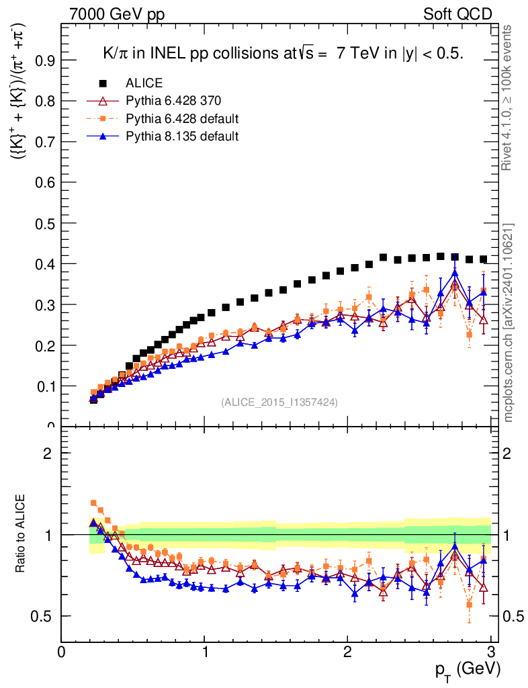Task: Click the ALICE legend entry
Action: click(x=144, y=83)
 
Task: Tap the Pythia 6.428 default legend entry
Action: click(x=182, y=119)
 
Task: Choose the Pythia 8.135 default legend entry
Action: click(x=182, y=136)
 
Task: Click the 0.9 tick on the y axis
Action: click(x=46, y=60)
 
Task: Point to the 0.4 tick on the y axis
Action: click(x=46, y=264)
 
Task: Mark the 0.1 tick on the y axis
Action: click(x=46, y=386)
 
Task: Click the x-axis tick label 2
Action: click(x=347, y=652)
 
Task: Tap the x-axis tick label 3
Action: click(x=490, y=652)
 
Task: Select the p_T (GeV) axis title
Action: click(x=468, y=669)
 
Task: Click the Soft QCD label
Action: click(x=457, y=13)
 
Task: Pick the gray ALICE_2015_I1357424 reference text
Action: click(x=279, y=402)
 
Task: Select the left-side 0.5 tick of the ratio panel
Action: click(x=46, y=616)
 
